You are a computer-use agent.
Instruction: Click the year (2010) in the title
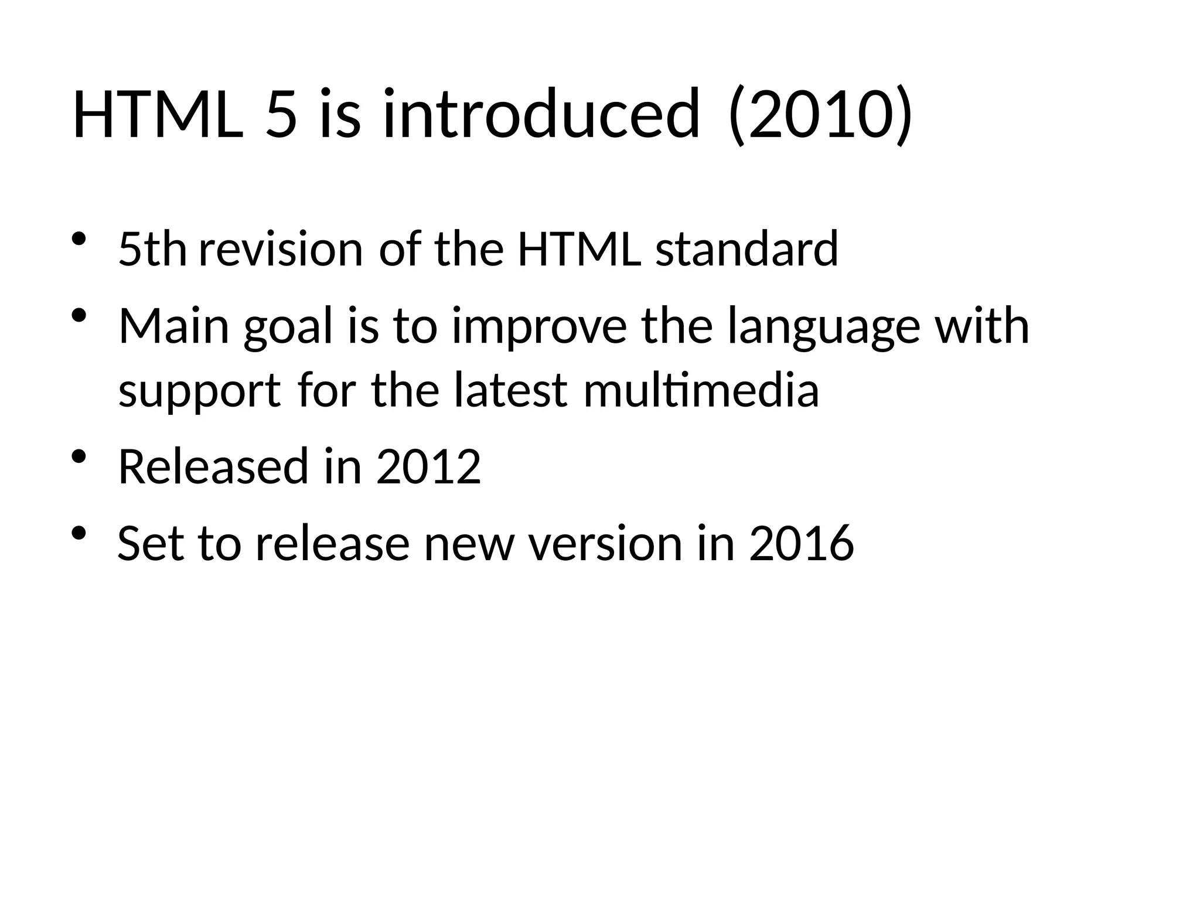click(819, 114)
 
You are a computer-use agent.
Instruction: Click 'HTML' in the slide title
click(158, 114)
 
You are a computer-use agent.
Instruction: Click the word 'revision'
click(281, 249)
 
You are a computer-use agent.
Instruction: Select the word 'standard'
click(746, 249)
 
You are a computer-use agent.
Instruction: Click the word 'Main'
click(173, 326)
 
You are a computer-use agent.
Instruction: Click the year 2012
click(428, 467)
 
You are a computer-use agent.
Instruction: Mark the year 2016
click(801, 544)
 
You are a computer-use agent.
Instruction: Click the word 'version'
click(605, 544)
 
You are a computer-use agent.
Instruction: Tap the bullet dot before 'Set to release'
click(79, 534)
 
